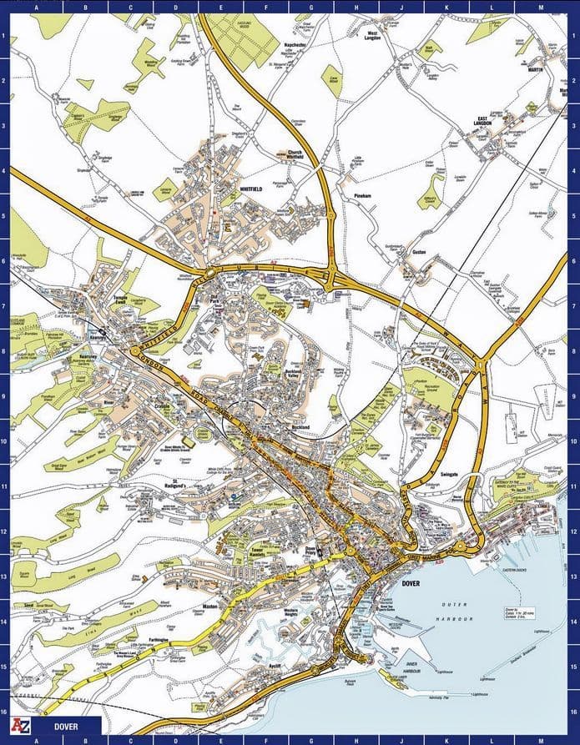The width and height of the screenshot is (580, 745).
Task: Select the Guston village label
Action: [418, 251]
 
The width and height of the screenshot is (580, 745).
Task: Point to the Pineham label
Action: [361, 195]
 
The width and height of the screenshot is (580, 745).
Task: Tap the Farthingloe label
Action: [159, 640]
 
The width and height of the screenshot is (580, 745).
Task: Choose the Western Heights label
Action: [291, 611]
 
